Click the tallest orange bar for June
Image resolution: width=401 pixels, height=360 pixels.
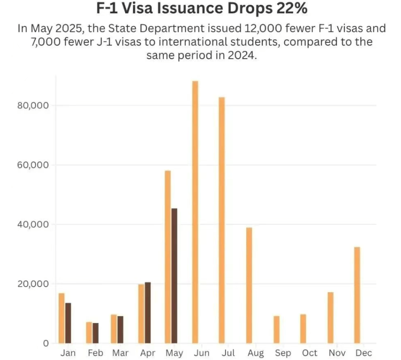click(x=195, y=212)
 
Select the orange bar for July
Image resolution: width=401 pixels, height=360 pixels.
click(x=222, y=220)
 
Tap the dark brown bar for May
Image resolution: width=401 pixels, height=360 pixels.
click(x=174, y=275)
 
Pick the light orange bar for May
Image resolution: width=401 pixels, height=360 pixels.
click(x=168, y=257)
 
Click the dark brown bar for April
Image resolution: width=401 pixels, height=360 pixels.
click(x=148, y=313)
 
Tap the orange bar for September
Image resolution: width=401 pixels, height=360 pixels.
click(x=276, y=329)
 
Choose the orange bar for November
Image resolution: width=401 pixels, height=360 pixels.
click(x=330, y=317)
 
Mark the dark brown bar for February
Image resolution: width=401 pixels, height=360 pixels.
click(x=95, y=333)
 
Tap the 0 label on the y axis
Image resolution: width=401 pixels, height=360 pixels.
click(x=45, y=344)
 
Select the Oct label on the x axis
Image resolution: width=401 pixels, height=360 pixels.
click(x=310, y=353)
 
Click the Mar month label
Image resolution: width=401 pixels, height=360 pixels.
click(x=120, y=353)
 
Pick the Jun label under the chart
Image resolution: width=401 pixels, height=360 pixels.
click(x=201, y=353)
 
